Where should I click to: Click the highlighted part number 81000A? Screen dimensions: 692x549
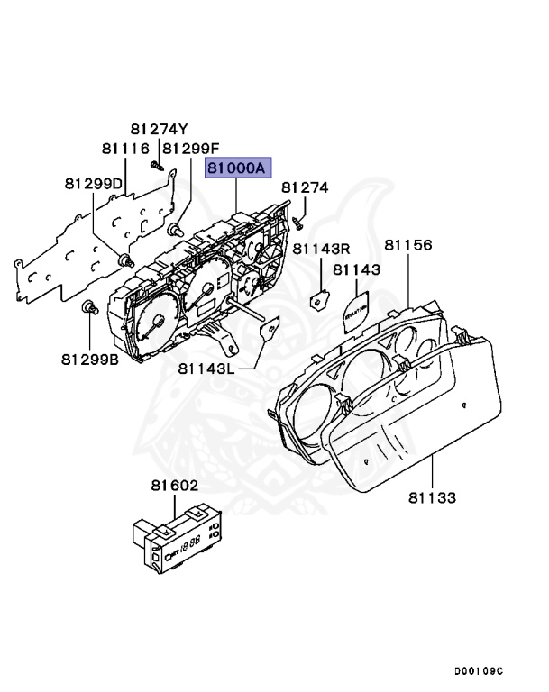tap(238, 168)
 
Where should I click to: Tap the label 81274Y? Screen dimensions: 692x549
tap(159, 129)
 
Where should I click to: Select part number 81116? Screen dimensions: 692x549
tap(125, 148)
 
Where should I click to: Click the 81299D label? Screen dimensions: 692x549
tap(93, 183)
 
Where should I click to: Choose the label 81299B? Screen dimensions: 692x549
tap(90, 358)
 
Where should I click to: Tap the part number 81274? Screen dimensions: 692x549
tap(305, 187)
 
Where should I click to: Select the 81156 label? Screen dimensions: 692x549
tap(408, 245)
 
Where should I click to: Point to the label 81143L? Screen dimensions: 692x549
tap(206, 368)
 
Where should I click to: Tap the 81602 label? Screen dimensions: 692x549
tap(175, 486)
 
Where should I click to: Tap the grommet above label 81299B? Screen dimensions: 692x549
tap(88, 309)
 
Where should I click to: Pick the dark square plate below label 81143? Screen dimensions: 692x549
tap(355, 308)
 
